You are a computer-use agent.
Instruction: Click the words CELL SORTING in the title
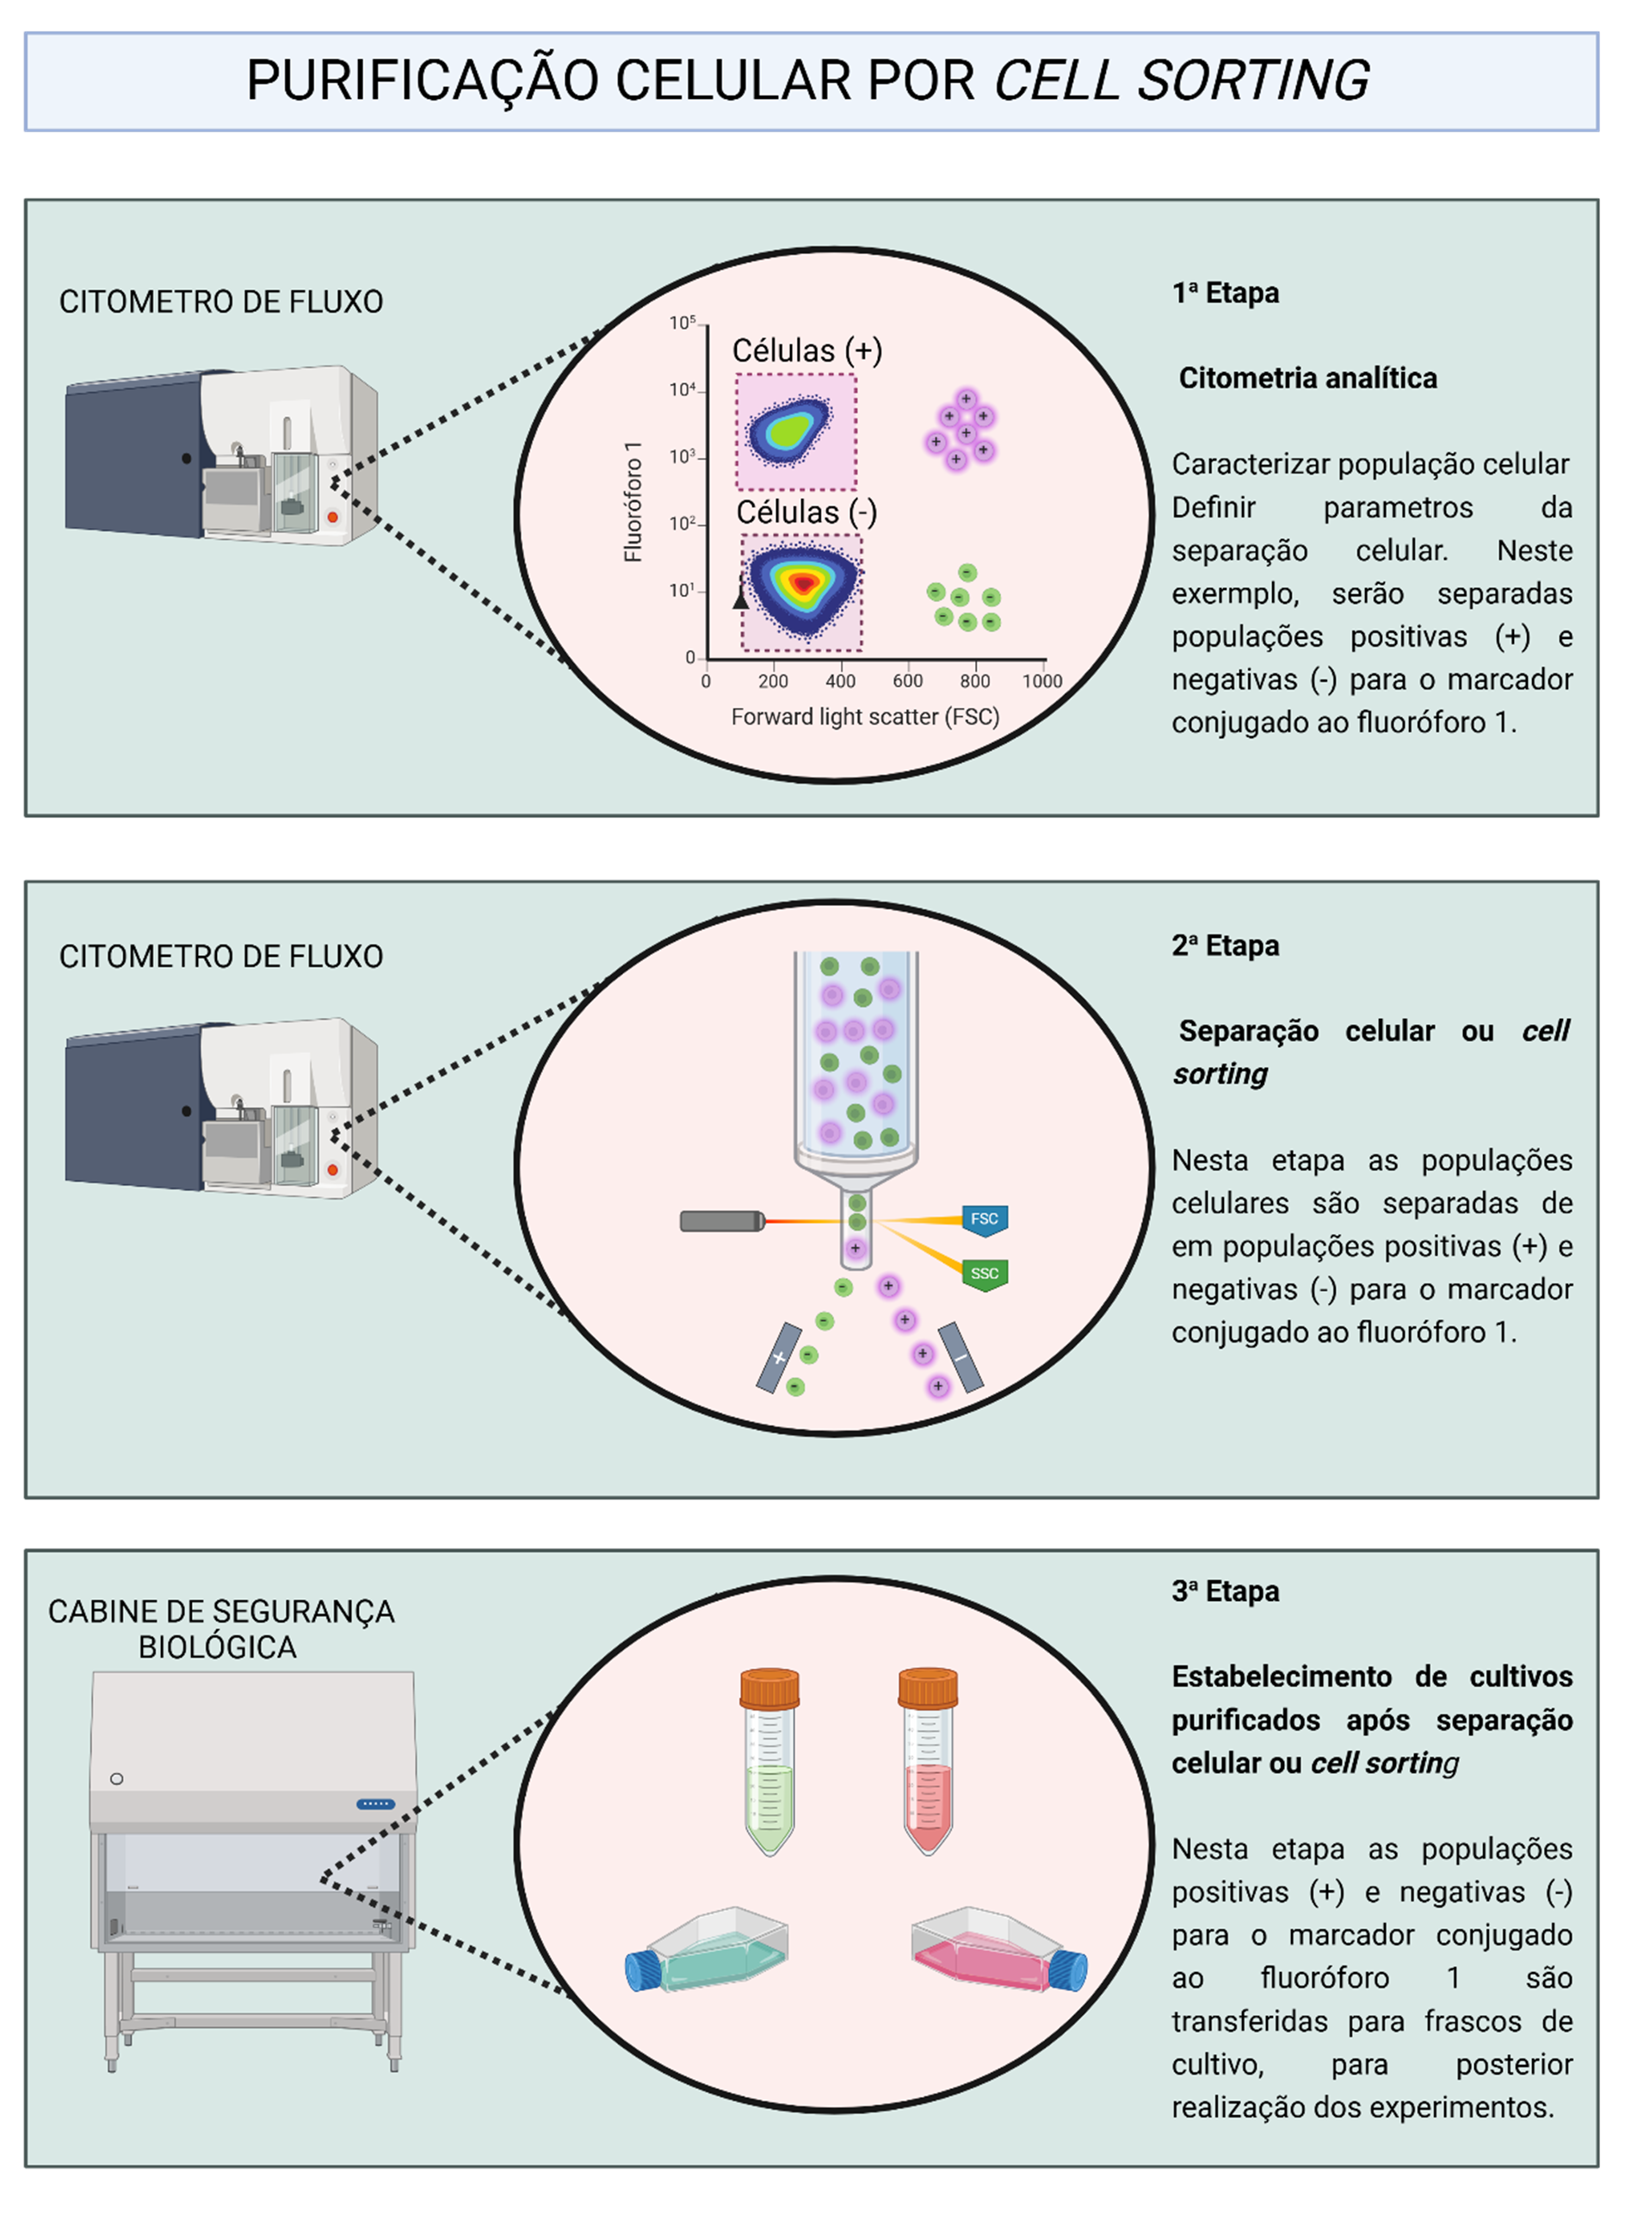(x=1181, y=80)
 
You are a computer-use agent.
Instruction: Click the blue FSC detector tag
(x=985, y=1219)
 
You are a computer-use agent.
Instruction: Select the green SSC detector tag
(x=985, y=1273)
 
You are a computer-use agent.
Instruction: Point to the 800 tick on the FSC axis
(x=974, y=680)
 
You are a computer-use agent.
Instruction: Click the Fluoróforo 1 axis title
(x=633, y=503)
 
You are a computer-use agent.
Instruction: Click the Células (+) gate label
(x=806, y=350)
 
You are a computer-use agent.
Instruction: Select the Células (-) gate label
(x=806, y=512)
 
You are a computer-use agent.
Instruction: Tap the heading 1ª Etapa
(x=1226, y=294)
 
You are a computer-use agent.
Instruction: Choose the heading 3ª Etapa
(x=1226, y=1591)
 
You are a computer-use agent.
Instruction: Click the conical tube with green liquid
(x=769, y=1760)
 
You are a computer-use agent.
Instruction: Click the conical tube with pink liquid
(x=927, y=1760)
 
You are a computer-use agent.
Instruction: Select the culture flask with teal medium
(x=707, y=1951)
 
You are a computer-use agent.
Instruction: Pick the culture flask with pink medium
(x=999, y=1951)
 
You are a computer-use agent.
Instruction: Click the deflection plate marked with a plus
(x=779, y=1358)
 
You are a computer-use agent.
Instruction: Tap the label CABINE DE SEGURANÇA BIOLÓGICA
(x=220, y=1628)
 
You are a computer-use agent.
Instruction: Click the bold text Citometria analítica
(x=1307, y=378)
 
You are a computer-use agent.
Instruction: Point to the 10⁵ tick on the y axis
(x=683, y=324)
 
